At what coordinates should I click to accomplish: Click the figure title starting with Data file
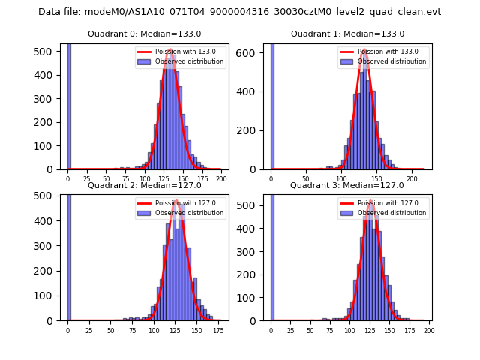tap(239, 12)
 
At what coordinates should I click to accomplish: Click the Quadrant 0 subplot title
tap(144, 34)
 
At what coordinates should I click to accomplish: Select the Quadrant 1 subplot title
tap(347, 34)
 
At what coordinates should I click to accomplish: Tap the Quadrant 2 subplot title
tap(144, 185)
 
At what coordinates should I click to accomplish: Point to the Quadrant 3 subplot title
tap(346, 185)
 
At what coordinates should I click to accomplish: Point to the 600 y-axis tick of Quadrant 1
tap(251, 52)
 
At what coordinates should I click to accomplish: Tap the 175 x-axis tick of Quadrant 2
tap(218, 330)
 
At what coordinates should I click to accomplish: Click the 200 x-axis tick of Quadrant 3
tap(429, 330)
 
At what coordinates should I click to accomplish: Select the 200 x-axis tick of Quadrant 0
tap(221, 178)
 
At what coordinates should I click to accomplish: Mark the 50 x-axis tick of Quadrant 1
tap(306, 178)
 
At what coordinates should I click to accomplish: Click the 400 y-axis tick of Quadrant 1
tap(251, 91)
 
